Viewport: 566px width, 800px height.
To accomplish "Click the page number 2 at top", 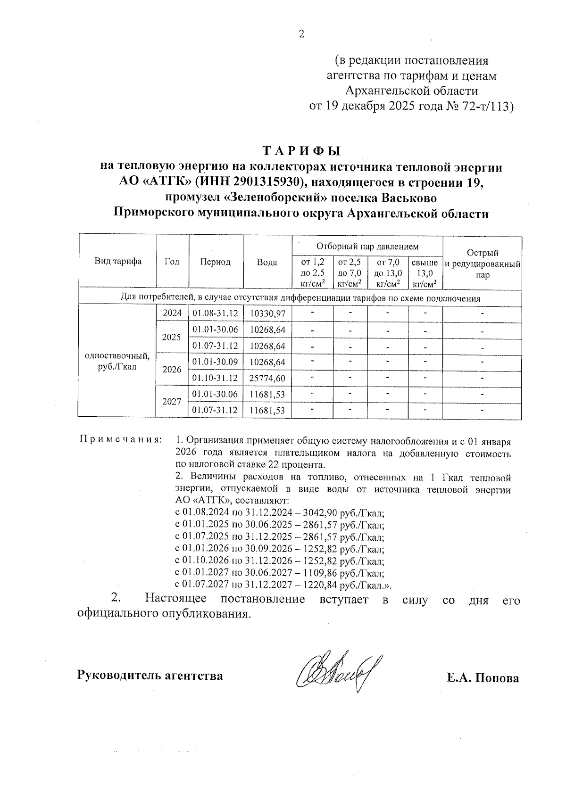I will (301, 34).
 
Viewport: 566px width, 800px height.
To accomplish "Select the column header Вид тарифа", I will (118, 262).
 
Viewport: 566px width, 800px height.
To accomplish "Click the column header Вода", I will (267, 262).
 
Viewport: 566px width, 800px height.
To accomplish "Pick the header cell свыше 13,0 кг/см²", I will (424, 272).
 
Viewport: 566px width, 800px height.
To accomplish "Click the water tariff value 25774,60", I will (267, 379).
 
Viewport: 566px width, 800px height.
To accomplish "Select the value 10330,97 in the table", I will (267, 313).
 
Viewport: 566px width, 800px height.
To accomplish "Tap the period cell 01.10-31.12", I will (216, 378).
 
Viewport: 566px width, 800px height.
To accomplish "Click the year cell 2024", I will (172, 313).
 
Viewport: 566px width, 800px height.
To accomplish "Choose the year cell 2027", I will (172, 402).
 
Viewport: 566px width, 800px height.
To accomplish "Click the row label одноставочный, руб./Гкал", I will (117, 361).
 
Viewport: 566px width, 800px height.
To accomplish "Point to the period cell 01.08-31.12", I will (216, 313).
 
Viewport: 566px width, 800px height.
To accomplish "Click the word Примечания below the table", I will (120, 439).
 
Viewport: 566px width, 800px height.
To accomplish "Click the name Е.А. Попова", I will (483, 678).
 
